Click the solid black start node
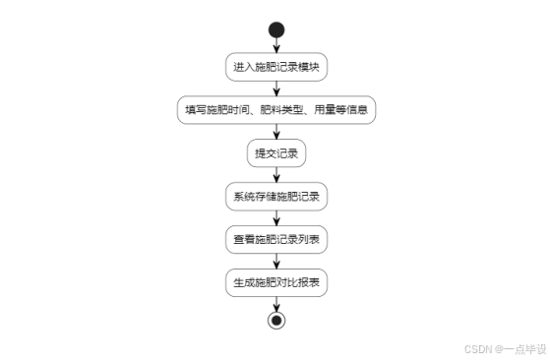pos(276,29)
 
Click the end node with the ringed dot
pos(276,321)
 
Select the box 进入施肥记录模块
pos(276,68)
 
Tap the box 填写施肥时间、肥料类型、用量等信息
pos(276,110)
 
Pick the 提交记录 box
pos(276,153)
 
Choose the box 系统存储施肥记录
pos(276,196)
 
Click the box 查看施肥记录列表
pos(276,239)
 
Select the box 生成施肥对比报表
pos(276,282)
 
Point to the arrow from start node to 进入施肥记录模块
pos(276,45)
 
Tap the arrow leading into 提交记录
pos(276,132)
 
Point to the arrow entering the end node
pos(276,303)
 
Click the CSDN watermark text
pos(477,348)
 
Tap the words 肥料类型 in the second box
pos(277,110)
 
